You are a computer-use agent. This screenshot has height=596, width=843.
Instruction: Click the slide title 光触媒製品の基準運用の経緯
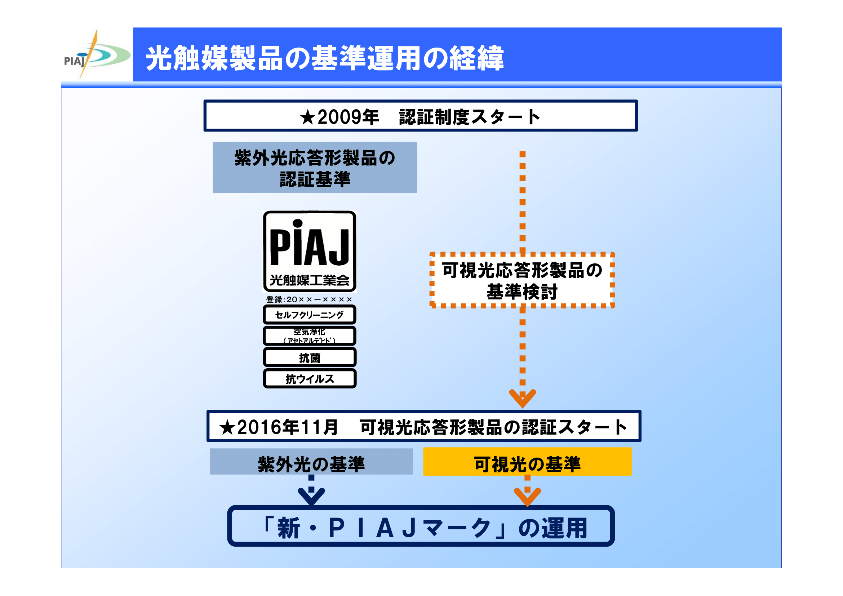point(325,58)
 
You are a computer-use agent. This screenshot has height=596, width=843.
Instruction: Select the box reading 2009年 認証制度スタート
point(420,116)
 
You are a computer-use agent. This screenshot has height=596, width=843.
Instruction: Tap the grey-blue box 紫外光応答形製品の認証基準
point(315,168)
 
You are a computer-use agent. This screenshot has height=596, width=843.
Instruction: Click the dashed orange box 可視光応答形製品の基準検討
point(522,280)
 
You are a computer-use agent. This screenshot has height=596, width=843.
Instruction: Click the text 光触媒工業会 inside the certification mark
point(310,281)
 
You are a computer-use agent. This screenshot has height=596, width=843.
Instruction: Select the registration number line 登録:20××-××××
point(309,299)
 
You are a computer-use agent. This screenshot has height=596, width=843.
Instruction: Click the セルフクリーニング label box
point(310,315)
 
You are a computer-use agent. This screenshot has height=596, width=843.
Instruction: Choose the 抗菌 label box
point(310,357)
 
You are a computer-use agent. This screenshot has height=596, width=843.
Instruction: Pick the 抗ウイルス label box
point(310,379)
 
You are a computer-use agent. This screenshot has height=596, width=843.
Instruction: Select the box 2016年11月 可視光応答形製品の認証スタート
point(424,426)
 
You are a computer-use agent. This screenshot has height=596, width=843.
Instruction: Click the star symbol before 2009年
point(307,117)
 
